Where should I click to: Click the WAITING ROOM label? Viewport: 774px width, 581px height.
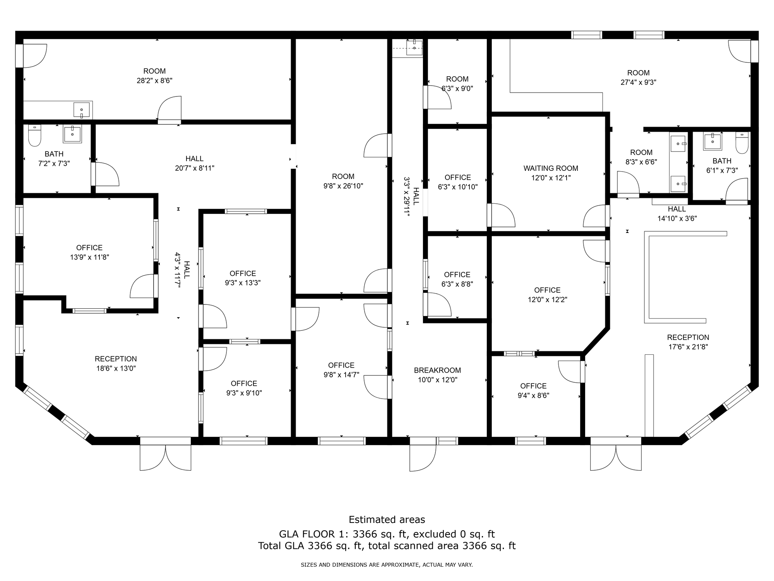[x=551, y=168]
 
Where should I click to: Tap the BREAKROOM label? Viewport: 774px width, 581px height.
[x=437, y=370]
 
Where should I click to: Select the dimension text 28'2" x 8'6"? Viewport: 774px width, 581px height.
[x=154, y=81]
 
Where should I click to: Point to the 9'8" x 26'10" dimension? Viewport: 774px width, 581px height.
[x=343, y=186]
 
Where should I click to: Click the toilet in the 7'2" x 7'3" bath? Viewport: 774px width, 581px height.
[x=35, y=135]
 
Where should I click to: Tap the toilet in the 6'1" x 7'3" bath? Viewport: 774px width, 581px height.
[x=742, y=143]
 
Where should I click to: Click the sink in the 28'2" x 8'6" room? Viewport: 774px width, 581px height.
[x=82, y=110]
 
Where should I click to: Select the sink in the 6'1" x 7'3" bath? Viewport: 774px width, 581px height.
[x=712, y=141]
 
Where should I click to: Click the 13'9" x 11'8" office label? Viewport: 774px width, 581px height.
[x=89, y=252]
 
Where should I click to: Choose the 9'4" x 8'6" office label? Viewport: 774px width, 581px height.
[x=533, y=390]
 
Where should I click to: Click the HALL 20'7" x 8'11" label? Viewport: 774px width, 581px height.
[x=194, y=163]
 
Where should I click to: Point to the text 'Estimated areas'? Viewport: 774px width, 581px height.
[x=387, y=519]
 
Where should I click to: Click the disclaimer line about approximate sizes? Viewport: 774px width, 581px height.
[x=387, y=565]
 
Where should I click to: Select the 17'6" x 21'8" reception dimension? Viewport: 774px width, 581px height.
[x=688, y=347]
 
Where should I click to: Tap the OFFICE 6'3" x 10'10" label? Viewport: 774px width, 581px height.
[x=458, y=182]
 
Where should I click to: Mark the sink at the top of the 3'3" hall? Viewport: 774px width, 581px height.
[x=414, y=48]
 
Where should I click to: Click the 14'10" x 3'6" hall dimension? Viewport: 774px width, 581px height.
[x=677, y=218]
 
